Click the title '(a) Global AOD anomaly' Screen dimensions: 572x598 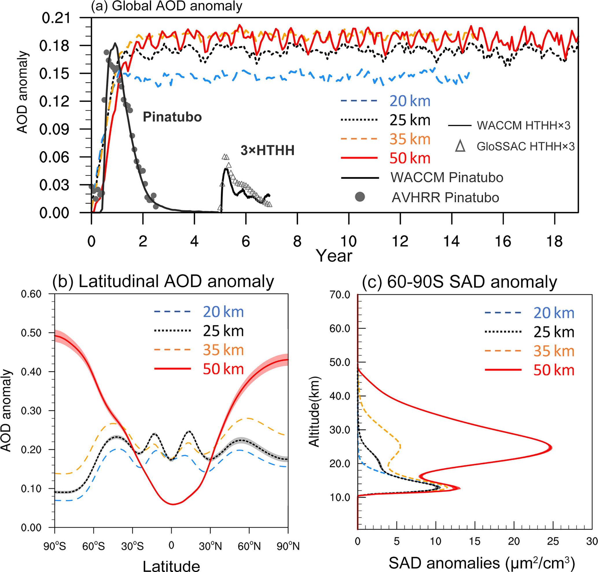(166, 6)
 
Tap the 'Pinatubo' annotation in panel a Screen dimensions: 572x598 (172, 117)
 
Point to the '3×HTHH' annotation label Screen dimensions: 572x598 (268, 150)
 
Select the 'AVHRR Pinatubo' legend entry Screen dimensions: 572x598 (445, 198)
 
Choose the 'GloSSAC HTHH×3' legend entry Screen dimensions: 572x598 (525, 146)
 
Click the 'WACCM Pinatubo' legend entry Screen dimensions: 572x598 (447, 178)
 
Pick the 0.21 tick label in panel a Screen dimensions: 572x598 (56, 18)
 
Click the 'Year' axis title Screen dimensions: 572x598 (334, 255)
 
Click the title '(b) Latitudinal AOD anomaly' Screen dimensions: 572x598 (163, 281)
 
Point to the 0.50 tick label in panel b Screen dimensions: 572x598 (31, 333)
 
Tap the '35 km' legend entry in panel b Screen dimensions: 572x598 (223, 350)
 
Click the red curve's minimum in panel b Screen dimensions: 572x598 (173, 504)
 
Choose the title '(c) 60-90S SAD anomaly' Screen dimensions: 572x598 (459, 282)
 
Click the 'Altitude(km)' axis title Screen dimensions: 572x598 (314, 411)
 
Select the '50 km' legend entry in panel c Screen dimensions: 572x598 (553, 370)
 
